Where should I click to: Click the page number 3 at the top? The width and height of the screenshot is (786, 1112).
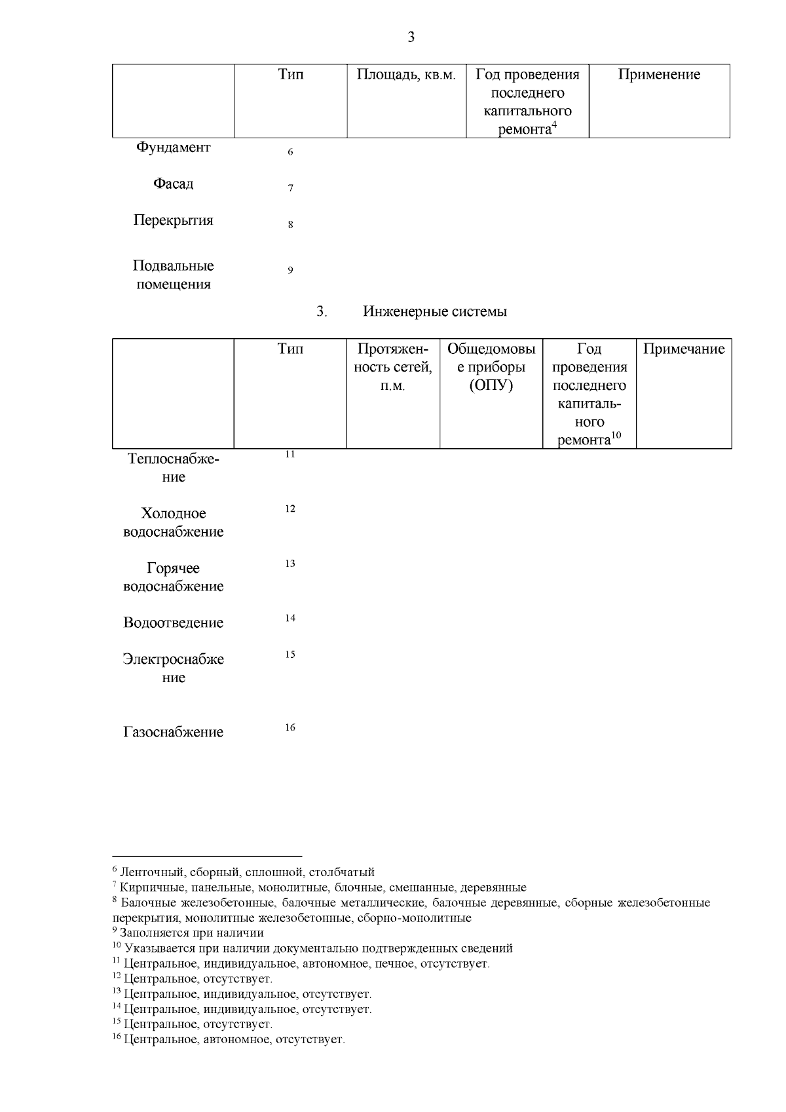click(411, 37)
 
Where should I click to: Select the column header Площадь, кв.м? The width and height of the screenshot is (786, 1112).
click(406, 75)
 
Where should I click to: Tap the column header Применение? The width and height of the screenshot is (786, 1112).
click(659, 75)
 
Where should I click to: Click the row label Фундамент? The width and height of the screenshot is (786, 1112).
click(173, 147)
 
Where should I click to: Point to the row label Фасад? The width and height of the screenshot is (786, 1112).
click(173, 184)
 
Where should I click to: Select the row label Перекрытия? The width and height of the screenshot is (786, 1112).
click(173, 220)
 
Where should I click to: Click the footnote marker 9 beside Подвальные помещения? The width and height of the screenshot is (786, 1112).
click(290, 271)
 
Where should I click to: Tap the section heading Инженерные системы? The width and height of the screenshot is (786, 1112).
click(435, 312)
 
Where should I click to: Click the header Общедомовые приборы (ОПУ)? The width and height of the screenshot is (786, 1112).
click(491, 367)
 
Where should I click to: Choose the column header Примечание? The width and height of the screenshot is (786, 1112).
click(684, 349)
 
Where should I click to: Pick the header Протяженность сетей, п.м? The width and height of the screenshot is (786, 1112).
click(393, 367)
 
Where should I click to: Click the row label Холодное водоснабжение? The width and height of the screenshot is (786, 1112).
click(173, 523)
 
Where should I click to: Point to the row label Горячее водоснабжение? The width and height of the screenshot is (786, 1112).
click(173, 577)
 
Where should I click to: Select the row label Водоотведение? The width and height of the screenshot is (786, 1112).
click(173, 623)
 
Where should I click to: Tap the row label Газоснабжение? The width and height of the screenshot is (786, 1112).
click(173, 733)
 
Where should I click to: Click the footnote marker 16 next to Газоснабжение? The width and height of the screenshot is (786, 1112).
click(290, 728)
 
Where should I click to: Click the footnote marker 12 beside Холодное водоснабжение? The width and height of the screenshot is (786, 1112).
click(290, 509)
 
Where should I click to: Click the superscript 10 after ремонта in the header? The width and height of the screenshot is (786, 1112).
click(616, 435)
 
